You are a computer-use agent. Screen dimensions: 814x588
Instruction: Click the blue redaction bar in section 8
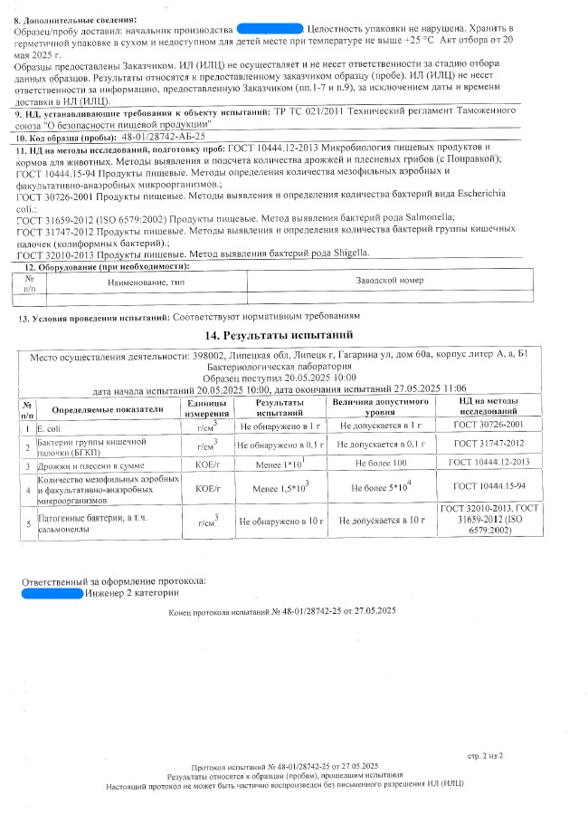coord(269,30)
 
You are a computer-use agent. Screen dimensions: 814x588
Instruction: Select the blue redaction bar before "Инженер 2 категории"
coord(51,593)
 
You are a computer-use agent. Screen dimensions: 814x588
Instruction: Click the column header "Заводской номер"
coord(390,281)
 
